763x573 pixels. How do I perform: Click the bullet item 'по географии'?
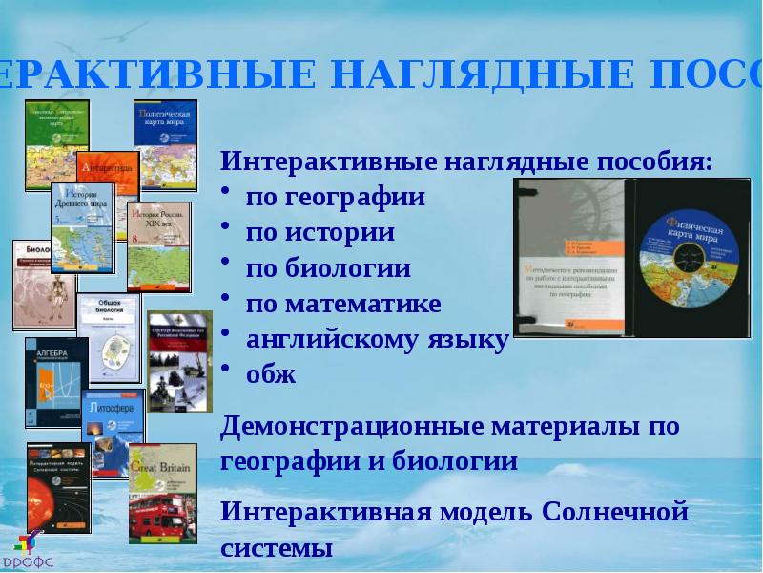(335, 198)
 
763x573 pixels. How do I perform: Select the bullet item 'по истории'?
(320, 232)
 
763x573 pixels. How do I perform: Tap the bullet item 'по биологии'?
(328, 268)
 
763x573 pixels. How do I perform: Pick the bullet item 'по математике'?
(343, 304)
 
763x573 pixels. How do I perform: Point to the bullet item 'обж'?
(271, 374)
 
